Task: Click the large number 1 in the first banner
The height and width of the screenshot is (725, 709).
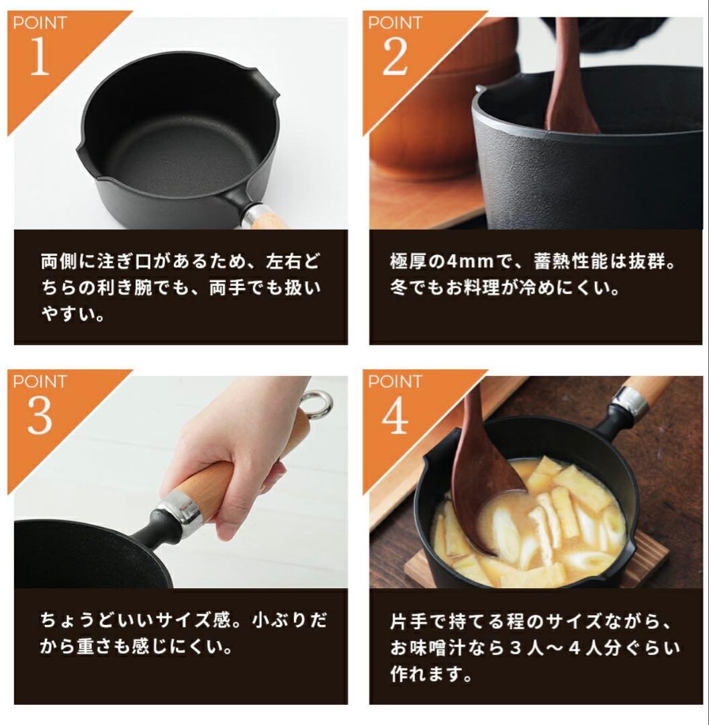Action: click(x=40, y=56)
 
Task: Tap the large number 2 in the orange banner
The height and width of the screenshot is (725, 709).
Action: click(x=395, y=56)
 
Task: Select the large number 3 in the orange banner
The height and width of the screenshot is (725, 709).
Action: click(x=40, y=415)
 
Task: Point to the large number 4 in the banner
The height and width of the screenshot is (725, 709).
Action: click(x=395, y=415)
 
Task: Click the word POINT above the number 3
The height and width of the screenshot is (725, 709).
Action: click(x=40, y=381)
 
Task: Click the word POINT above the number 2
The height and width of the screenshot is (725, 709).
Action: click(x=395, y=23)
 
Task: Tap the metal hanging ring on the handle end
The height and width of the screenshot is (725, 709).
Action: click(x=318, y=403)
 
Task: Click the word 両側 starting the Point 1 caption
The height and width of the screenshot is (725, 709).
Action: click(x=58, y=262)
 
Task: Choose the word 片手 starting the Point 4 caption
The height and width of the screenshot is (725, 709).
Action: click(x=408, y=622)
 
